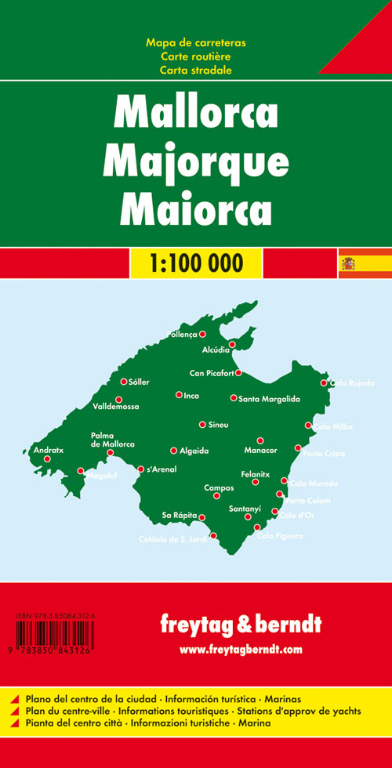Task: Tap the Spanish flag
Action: [347, 262]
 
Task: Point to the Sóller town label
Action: [139, 382]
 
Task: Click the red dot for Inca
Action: [179, 395]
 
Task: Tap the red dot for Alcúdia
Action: [232, 344]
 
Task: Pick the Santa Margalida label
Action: [270, 399]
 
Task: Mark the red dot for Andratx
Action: [47, 459]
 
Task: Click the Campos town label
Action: [219, 487]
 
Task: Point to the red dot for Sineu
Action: [202, 424]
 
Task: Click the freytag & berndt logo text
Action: [240, 624]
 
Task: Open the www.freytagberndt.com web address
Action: [240, 650]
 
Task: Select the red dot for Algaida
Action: [174, 451]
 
